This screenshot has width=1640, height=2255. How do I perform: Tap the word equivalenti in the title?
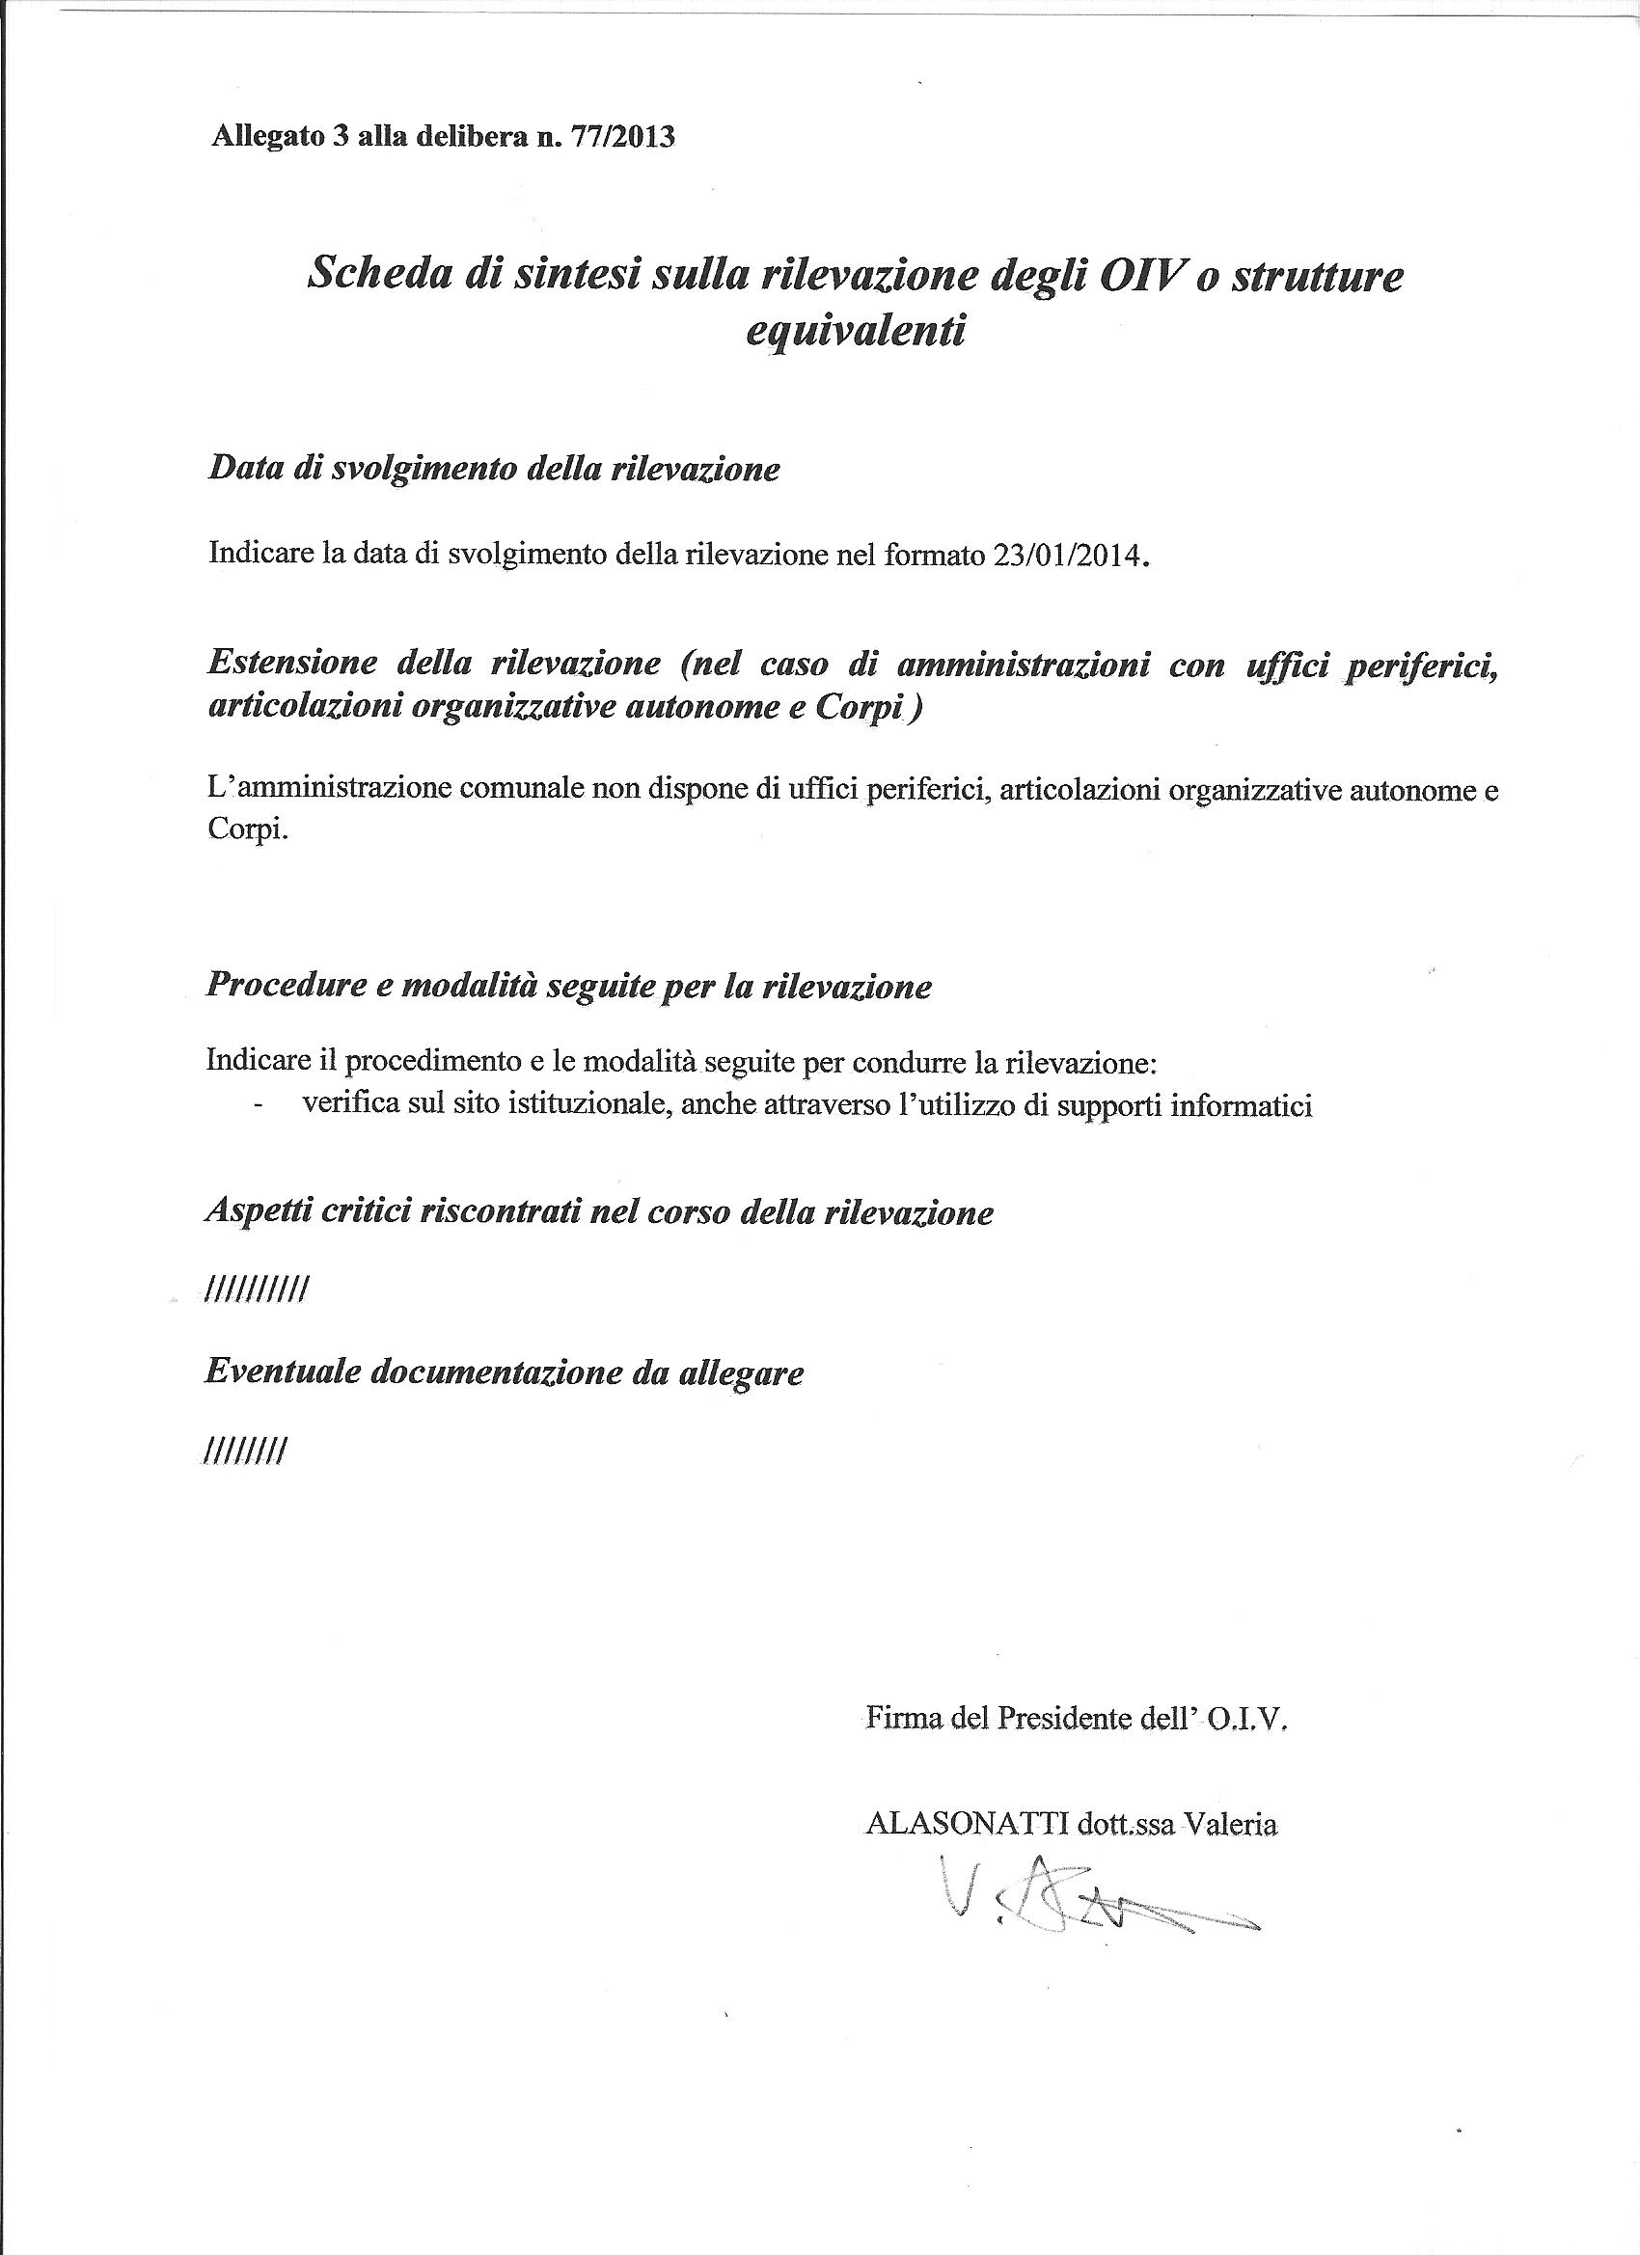[x=856, y=329]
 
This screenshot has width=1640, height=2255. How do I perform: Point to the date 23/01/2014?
[x=1064, y=554]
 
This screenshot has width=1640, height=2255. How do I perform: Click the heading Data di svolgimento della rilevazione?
[x=493, y=469]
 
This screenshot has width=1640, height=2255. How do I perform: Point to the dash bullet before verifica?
[x=260, y=1105]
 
